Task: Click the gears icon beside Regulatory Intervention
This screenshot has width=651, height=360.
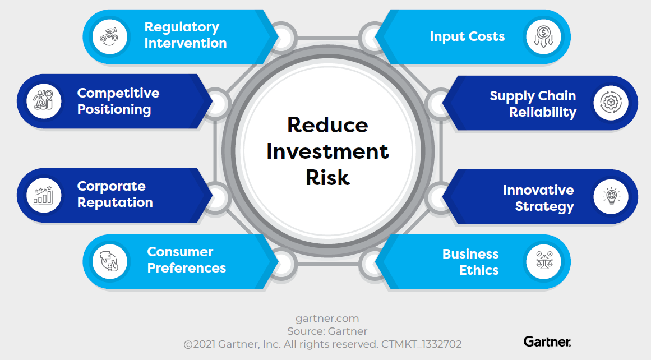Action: (x=109, y=36)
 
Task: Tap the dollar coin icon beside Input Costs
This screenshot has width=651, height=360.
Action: (x=543, y=36)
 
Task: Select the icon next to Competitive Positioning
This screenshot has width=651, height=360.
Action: (x=44, y=101)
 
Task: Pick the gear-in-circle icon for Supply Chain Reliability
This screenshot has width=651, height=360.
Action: (x=611, y=103)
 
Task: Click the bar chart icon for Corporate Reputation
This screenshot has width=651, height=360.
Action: (x=44, y=195)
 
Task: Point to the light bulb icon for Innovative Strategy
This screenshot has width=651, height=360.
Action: (x=611, y=197)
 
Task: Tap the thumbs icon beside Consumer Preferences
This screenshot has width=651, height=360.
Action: (x=109, y=261)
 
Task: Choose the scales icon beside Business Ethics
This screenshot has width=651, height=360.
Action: (x=543, y=262)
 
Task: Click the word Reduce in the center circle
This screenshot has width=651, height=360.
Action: (x=327, y=124)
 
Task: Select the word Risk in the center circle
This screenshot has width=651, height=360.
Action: (x=327, y=177)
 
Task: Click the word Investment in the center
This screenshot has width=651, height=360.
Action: (x=327, y=151)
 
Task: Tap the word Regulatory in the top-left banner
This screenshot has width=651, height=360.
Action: (x=182, y=27)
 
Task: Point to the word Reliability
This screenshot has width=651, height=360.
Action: (x=542, y=112)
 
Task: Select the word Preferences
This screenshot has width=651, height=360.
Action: (x=186, y=268)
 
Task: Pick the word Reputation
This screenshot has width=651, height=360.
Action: (x=115, y=202)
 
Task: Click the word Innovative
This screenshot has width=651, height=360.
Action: (x=538, y=190)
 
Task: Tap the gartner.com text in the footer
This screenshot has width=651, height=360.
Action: (x=327, y=319)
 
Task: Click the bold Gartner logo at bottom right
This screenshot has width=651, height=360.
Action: (x=547, y=341)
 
